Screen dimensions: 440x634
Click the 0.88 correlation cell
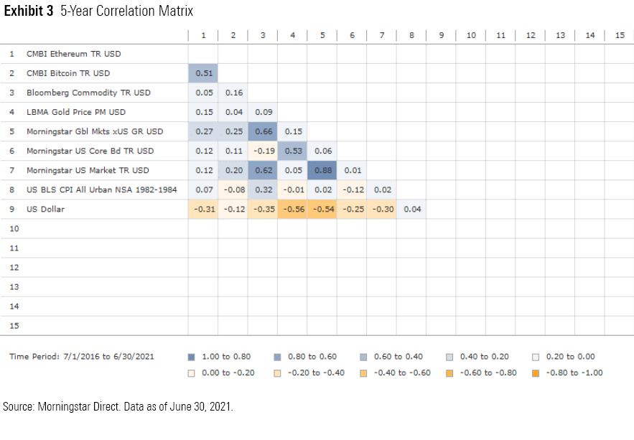pyautogui.click(x=322, y=170)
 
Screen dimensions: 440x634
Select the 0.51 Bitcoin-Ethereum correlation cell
pyautogui.click(x=203, y=73)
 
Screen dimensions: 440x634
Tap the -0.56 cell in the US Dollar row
pyautogui.click(x=292, y=209)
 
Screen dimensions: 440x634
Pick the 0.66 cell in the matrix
pyautogui.click(x=263, y=131)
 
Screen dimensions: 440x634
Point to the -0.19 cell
pyautogui.click(x=263, y=151)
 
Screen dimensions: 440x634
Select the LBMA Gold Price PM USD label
pyautogui.click(x=76, y=112)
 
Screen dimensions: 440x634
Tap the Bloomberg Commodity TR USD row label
pyautogui.click(x=88, y=93)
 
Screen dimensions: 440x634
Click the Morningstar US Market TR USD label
pyautogui.click(x=88, y=170)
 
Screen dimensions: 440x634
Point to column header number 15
pyautogui.click(x=619, y=35)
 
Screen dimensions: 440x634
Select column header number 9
pyautogui.click(x=441, y=35)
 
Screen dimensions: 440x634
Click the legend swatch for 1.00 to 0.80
pyautogui.click(x=191, y=357)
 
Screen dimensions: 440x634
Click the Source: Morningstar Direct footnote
pyautogui.click(x=118, y=407)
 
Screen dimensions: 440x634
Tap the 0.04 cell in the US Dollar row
pyautogui.click(x=411, y=209)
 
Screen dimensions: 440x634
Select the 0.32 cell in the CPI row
pyautogui.click(x=263, y=189)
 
